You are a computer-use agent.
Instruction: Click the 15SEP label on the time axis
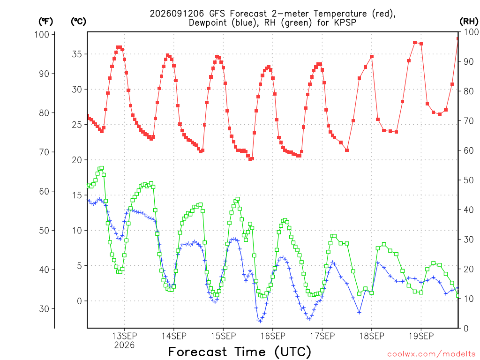tap(224, 336)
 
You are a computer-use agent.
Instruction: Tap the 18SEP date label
tap(372, 336)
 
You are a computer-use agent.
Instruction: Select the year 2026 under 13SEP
tap(124, 345)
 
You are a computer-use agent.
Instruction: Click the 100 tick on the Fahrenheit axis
tap(42, 34)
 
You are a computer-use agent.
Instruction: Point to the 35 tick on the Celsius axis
tap(77, 54)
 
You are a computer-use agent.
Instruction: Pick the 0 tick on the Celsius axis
tap(80, 301)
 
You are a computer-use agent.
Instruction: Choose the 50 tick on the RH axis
tap(468, 180)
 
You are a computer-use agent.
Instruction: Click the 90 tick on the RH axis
tap(468, 61)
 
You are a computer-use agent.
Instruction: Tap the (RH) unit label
tap(469, 22)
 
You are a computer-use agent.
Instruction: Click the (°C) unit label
tap(78, 22)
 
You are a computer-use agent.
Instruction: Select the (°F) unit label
tap(45, 22)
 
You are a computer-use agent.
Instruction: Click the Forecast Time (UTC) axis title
tap(240, 352)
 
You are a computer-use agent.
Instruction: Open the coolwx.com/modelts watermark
tap(431, 354)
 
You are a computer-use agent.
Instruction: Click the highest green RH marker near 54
tap(102, 168)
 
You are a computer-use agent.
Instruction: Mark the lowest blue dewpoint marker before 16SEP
tap(260, 321)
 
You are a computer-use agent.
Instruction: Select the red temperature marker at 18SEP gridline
tap(372, 57)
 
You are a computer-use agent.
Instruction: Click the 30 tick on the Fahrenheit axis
tap(45, 309)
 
